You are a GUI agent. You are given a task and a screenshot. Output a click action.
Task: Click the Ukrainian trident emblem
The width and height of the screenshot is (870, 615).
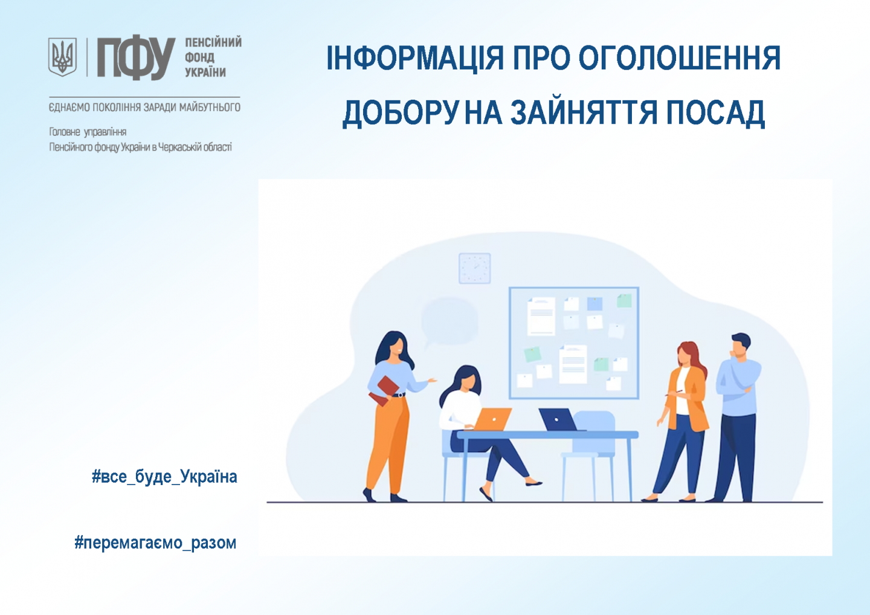(62, 57)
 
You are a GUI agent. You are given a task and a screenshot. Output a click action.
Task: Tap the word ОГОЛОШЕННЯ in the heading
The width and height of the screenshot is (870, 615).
(680, 58)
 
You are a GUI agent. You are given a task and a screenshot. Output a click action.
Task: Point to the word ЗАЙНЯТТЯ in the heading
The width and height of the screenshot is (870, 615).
(584, 112)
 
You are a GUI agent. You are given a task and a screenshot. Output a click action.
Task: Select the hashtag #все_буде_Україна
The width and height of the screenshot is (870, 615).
(164, 477)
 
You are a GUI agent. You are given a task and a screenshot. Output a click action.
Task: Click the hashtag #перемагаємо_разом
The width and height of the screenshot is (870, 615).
(155, 543)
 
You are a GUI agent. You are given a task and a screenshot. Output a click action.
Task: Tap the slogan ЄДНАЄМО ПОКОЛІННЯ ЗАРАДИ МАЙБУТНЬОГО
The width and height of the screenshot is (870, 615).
(144, 107)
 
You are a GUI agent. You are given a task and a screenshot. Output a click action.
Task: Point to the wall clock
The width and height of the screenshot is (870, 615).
(475, 268)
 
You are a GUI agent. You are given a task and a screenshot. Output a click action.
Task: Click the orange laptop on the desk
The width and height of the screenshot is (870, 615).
(491, 419)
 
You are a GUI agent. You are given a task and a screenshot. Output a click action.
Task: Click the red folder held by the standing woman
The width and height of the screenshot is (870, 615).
(384, 391)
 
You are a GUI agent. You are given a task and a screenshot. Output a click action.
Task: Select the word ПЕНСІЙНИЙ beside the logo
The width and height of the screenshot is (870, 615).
(213, 42)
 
